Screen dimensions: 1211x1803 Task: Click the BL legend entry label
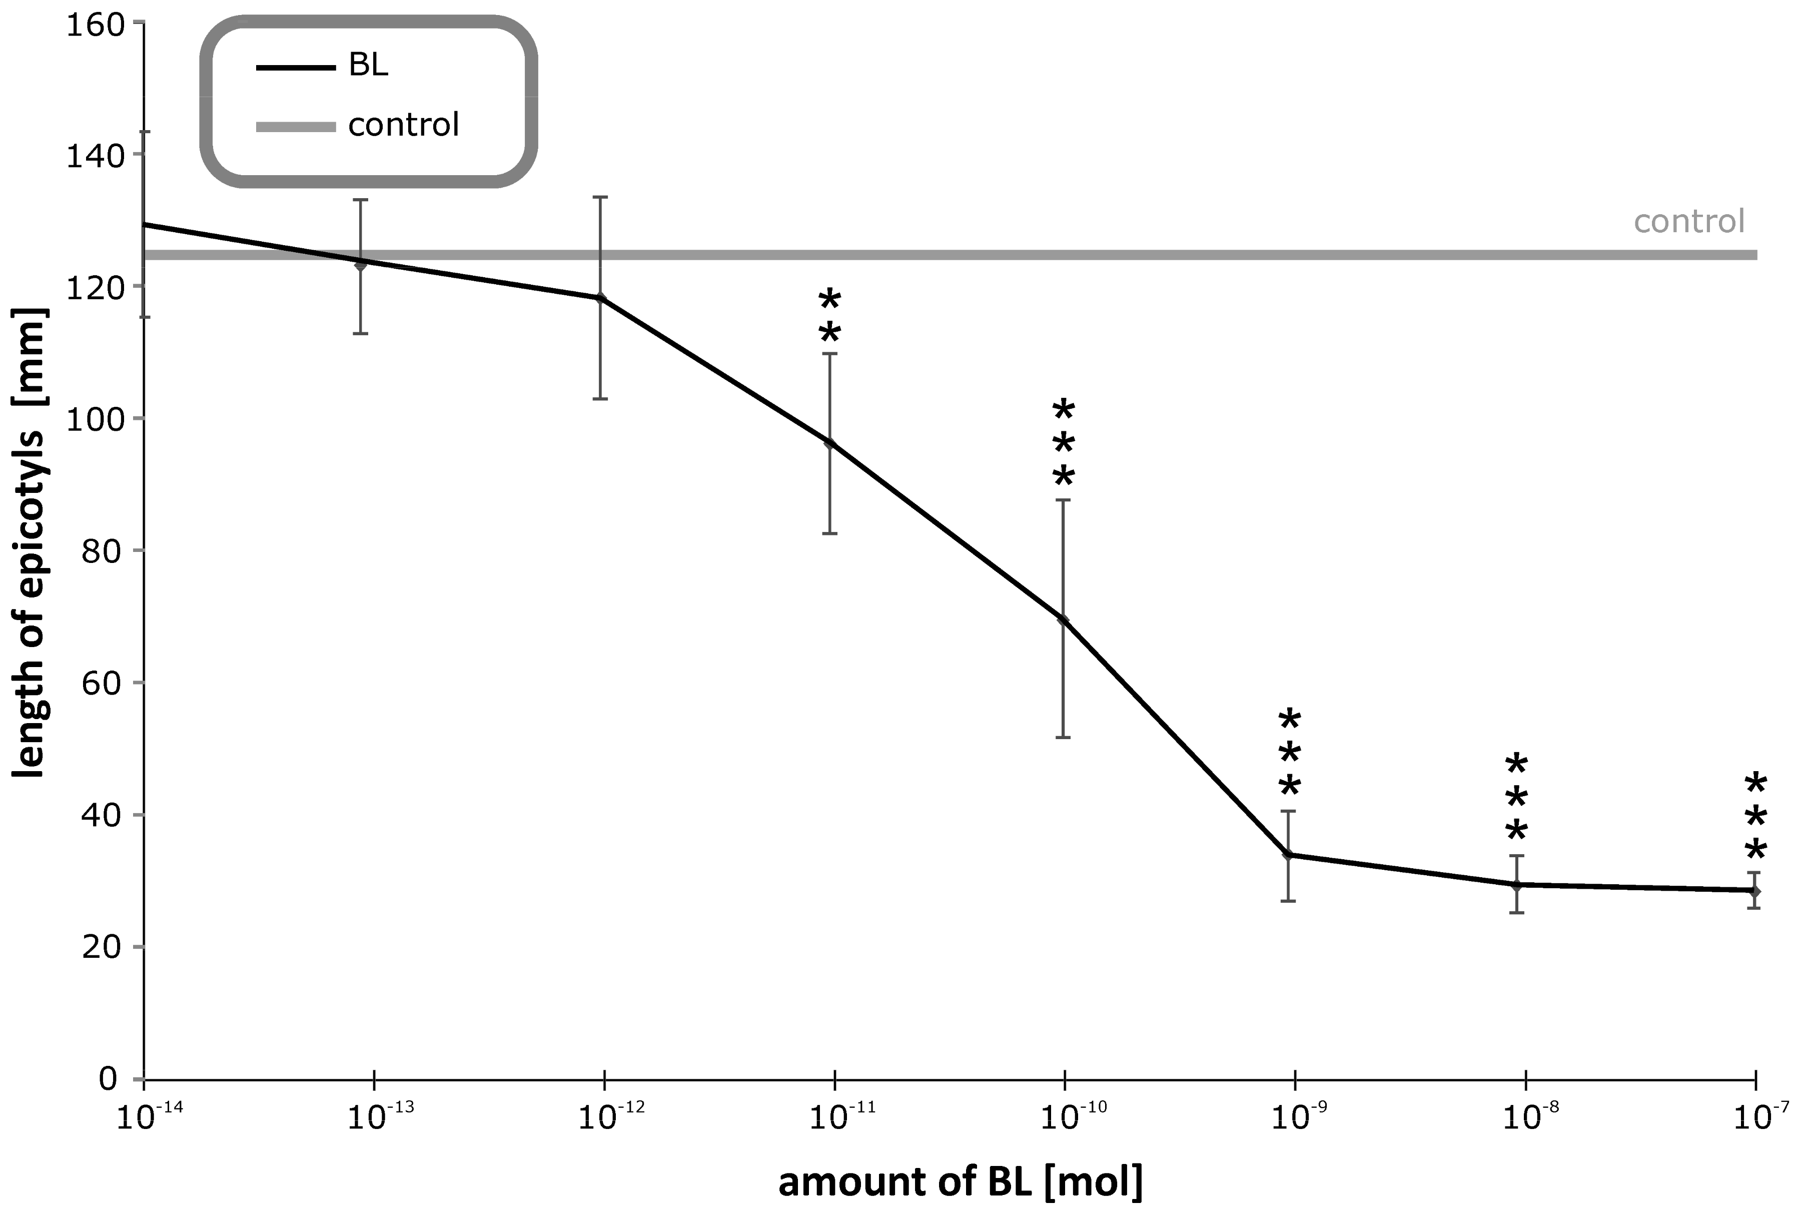368,67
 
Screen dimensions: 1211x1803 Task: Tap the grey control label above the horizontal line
1689,222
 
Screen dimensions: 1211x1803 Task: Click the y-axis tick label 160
94,25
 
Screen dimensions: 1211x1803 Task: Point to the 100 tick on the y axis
94,419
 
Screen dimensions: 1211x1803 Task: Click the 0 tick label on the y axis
108,1079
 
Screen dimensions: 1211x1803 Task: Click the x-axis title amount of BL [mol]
960,1181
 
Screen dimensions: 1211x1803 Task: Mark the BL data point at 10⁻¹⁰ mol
1063,620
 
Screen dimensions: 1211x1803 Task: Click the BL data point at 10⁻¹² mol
601,298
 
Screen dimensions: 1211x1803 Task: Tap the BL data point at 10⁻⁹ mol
1287,855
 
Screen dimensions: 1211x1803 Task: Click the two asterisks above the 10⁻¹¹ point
829,317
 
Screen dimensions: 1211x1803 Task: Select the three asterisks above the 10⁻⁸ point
1516,799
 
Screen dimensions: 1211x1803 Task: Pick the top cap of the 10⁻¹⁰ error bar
1063,500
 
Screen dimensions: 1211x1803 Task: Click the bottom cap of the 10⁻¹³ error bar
361,334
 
